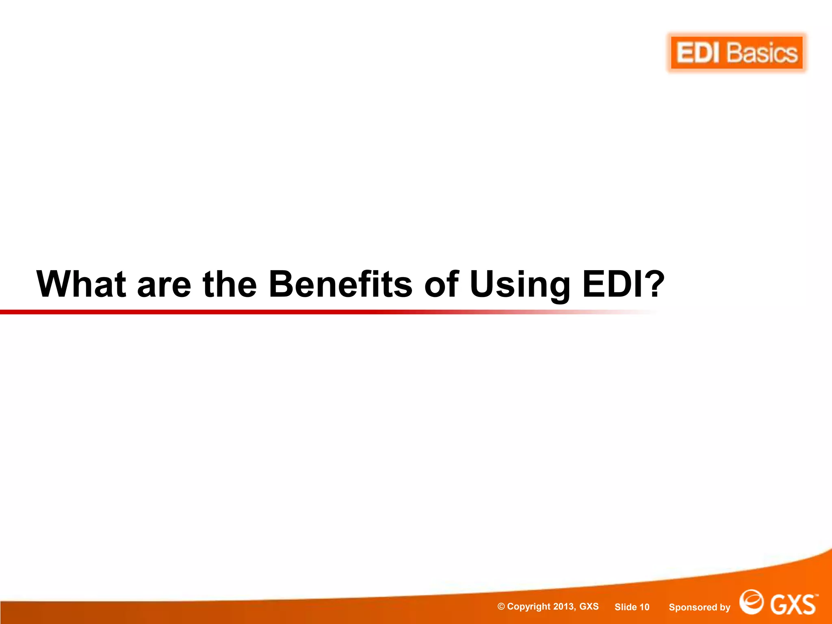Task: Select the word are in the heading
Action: tap(164, 285)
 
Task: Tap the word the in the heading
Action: tap(230, 284)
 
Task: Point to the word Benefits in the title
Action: tap(340, 284)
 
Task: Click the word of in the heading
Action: tap(441, 284)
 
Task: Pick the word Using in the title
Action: tap(520, 285)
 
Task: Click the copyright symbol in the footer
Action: tap(501, 607)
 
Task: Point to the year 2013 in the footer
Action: tap(564, 607)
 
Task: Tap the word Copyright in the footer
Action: tap(529, 607)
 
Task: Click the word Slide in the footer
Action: tap(626, 607)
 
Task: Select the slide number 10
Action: tap(644, 607)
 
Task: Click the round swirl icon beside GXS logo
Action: tap(751, 602)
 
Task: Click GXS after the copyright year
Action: tap(589, 607)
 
